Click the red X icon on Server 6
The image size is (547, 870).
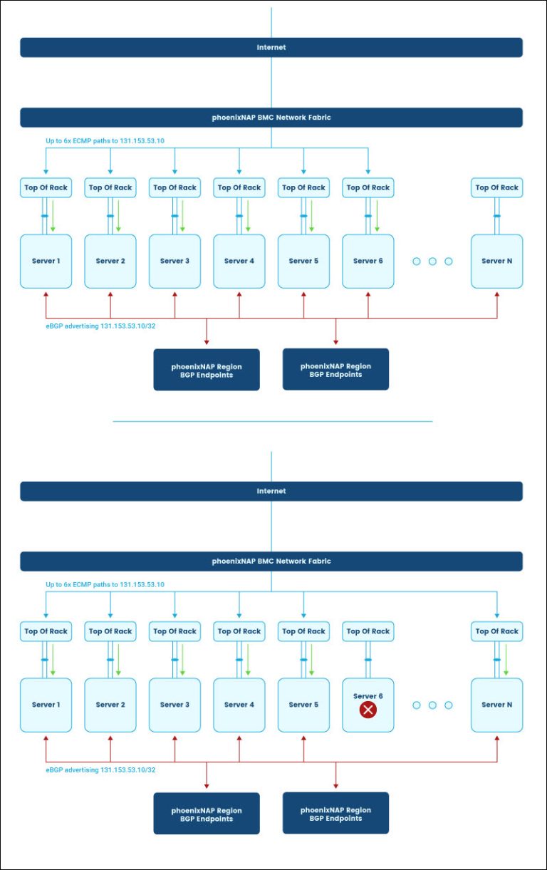pyautogui.click(x=368, y=710)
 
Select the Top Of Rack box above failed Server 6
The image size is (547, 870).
pyautogui.click(x=368, y=631)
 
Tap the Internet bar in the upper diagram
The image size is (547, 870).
pyautogui.click(x=271, y=48)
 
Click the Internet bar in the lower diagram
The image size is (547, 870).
pyautogui.click(x=271, y=491)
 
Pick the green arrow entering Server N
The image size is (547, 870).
pyautogui.click(x=506, y=660)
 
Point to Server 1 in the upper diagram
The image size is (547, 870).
pyautogui.click(x=46, y=261)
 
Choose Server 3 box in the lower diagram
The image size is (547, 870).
pyautogui.click(x=174, y=705)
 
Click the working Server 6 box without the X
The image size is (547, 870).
pyautogui.click(x=368, y=261)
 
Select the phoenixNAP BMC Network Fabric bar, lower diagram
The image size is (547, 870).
pyautogui.click(x=271, y=561)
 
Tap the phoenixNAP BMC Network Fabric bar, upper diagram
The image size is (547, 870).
pyautogui.click(x=271, y=118)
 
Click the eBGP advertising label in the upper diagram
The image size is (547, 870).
pyautogui.click(x=100, y=326)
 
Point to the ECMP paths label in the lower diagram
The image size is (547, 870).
pyautogui.click(x=105, y=584)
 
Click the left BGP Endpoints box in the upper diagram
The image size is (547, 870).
pyautogui.click(x=207, y=371)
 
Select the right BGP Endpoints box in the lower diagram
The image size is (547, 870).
pyautogui.click(x=335, y=814)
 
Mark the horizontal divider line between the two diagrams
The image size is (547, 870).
pyautogui.click(x=273, y=421)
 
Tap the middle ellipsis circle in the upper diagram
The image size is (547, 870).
pyautogui.click(x=432, y=261)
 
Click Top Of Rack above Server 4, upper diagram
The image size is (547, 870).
pyautogui.click(x=239, y=187)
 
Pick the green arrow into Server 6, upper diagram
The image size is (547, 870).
pyautogui.click(x=377, y=217)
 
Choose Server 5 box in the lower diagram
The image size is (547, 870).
pyautogui.click(x=303, y=705)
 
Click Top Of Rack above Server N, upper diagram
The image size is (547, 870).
pyautogui.click(x=497, y=187)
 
